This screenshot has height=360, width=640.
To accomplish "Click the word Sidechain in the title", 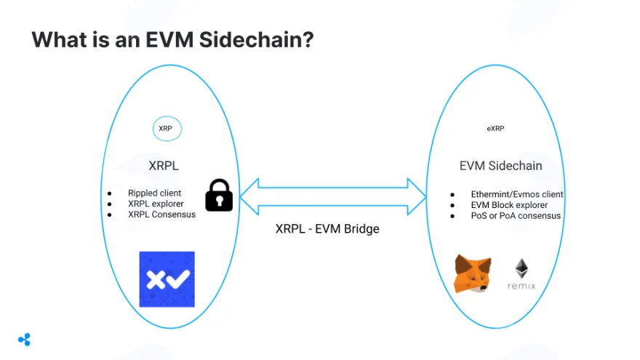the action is click(256, 39).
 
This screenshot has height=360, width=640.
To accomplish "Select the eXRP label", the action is click(495, 129).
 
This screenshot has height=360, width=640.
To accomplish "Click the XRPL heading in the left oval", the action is click(164, 166).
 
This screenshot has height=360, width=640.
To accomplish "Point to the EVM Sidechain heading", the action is click(501, 166).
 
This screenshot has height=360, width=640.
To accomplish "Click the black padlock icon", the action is click(219, 195).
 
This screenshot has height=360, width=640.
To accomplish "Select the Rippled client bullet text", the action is click(154, 193).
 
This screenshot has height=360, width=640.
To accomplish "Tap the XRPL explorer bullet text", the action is click(156, 204).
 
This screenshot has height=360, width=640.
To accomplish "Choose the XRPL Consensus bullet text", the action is click(161, 215).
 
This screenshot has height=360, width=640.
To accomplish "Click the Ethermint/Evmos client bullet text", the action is click(517, 194).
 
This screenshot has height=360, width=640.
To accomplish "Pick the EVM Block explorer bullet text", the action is click(509, 205).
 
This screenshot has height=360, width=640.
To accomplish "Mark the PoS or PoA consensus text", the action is click(516, 215).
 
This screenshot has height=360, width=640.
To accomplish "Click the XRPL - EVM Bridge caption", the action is click(327, 228).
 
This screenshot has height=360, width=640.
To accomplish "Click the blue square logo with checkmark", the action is click(167, 279).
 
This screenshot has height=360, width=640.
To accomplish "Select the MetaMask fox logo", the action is click(473, 273).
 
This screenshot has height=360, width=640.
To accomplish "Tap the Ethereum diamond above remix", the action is click(521, 268).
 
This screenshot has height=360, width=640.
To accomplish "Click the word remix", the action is click(521, 286).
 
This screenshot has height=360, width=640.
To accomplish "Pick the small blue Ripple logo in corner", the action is click(25, 340).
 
